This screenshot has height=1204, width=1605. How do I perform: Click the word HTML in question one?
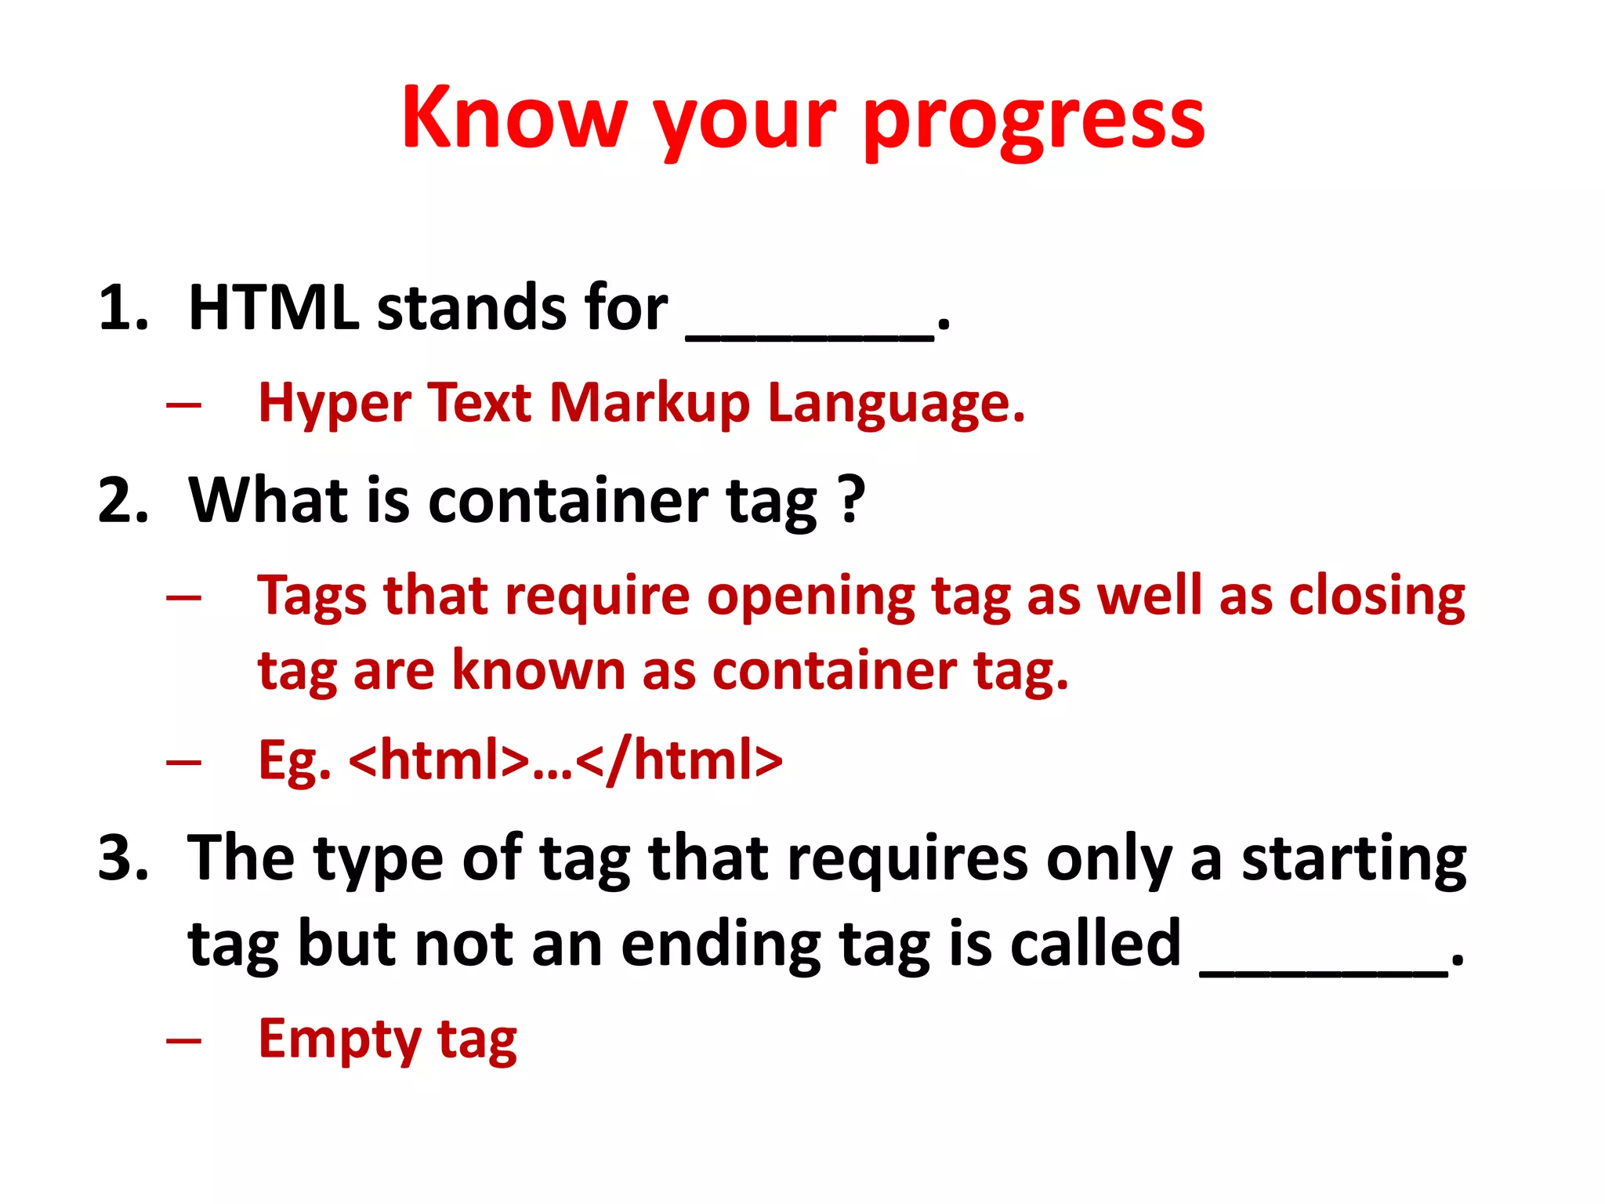274,307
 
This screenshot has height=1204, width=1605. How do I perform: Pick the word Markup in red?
650,404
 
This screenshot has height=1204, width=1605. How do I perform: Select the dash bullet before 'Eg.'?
184,762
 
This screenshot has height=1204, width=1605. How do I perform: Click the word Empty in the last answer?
339,1039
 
